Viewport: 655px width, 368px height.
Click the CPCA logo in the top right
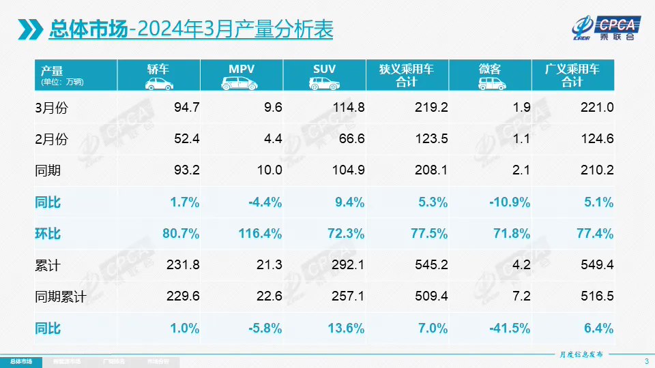click(x=606, y=27)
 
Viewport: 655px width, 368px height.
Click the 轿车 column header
click(x=158, y=75)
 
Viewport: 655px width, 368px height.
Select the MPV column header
click(x=242, y=75)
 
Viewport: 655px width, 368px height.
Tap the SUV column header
click(x=324, y=75)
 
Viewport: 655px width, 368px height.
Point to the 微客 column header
click(x=490, y=75)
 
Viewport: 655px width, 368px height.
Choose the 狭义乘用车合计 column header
click(x=407, y=75)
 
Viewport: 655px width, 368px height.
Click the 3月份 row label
click(x=52, y=108)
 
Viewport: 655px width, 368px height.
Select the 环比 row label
click(x=48, y=234)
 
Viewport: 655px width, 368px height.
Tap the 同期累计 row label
click(x=61, y=297)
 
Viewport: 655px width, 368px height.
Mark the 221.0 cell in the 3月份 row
click(x=596, y=108)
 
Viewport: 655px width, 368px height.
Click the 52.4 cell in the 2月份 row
click(x=186, y=139)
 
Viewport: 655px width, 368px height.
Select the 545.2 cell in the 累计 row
click(x=431, y=265)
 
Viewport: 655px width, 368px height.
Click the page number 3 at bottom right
click(x=646, y=361)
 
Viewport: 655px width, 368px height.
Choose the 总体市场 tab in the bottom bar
click(x=20, y=361)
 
